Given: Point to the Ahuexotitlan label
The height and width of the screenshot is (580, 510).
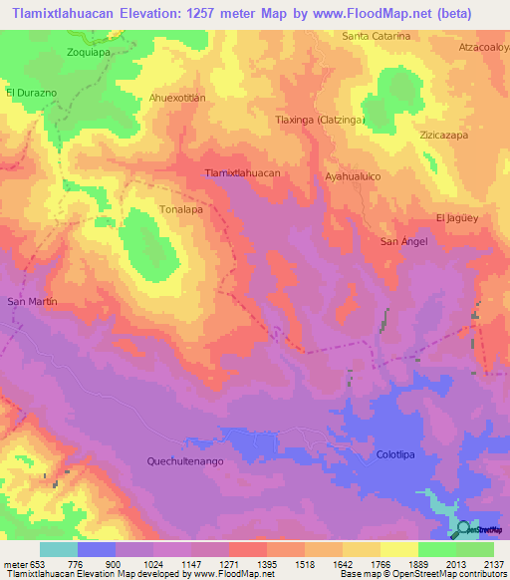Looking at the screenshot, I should [176, 98].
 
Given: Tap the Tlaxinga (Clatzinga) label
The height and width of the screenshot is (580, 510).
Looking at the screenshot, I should [320, 120].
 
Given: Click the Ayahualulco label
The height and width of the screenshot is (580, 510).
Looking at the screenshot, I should [353, 175].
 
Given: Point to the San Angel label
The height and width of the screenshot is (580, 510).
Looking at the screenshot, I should [404, 242].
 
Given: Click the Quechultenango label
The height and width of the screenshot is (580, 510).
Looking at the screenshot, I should [189, 460].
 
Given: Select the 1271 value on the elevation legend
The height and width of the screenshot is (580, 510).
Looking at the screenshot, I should [209, 564].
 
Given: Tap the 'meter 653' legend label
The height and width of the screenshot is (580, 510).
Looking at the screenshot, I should [21, 564].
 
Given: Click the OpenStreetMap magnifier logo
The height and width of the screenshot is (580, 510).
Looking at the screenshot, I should [464, 528].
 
